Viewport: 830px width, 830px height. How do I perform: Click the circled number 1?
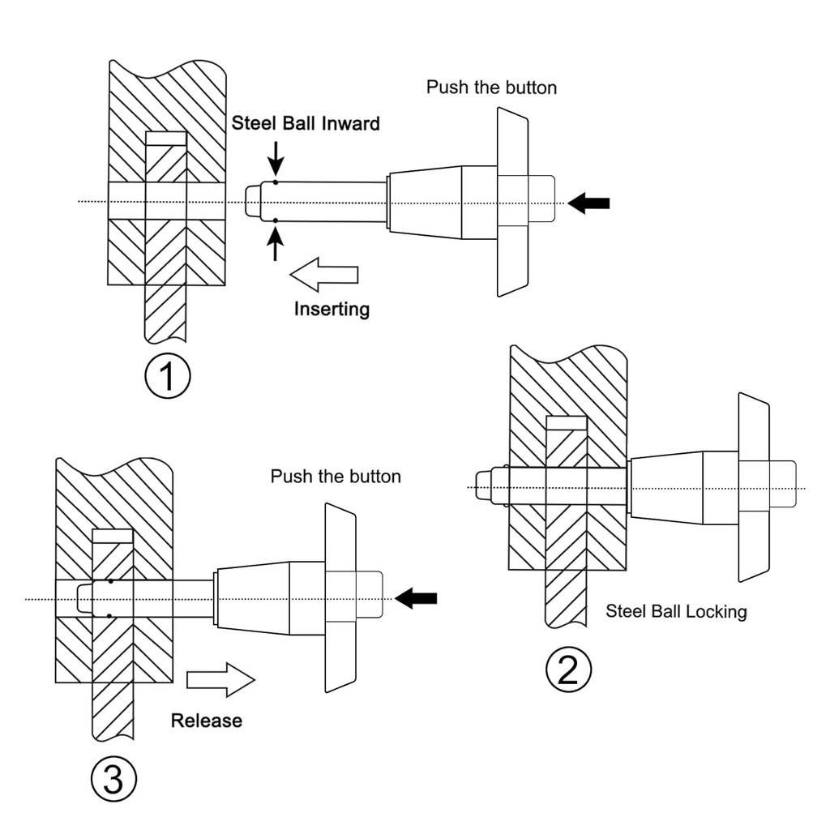[x=167, y=377]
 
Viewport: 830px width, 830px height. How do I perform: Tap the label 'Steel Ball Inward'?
[x=306, y=124]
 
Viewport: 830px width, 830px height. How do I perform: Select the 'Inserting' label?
[x=332, y=309]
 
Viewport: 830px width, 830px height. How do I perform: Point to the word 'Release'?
[x=206, y=720]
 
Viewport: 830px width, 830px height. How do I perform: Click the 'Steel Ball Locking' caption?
[x=676, y=611]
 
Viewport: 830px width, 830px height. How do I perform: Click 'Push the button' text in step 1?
[x=491, y=88]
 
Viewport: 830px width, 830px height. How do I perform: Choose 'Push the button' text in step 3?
[x=336, y=476]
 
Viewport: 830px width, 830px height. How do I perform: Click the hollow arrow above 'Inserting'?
[x=323, y=274]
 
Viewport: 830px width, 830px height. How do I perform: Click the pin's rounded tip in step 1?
[x=253, y=200]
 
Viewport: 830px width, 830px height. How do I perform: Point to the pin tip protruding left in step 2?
[x=484, y=486]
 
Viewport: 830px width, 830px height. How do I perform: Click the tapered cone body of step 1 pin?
[x=425, y=203]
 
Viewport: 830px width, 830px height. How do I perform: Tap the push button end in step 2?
[x=784, y=486]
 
